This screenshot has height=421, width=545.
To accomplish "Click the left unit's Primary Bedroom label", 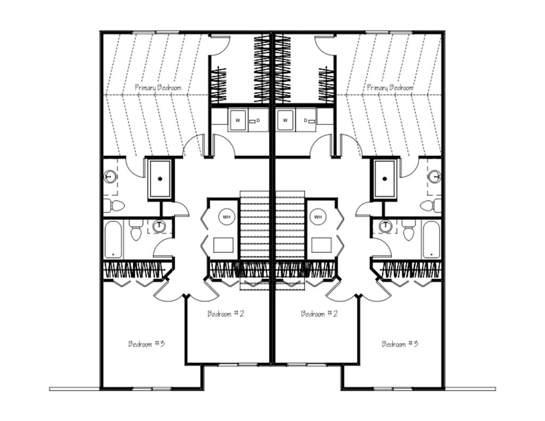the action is pyautogui.click(x=158, y=87).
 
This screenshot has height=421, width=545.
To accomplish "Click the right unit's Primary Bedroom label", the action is pyautogui.click(x=390, y=87).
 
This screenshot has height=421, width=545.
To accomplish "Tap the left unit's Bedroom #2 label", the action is pyautogui.click(x=226, y=313).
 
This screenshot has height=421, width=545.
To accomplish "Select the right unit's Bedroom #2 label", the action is pyautogui.click(x=319, y=313).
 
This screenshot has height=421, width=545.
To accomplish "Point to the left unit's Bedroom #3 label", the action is pyautogui.click(x=146, y=344).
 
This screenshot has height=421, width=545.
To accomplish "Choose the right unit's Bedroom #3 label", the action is pyautogui.click(x=400, y=344).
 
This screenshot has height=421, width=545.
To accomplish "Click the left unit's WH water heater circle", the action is pyautogui.click(x=226, y=217).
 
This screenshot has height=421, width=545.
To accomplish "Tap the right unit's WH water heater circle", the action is pyautogui.click(x=318, y=217).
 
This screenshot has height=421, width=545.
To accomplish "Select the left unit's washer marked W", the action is pyautogui.click(x=238, y=120).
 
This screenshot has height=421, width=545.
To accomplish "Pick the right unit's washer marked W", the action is pyautogui.click(x=285, y=120).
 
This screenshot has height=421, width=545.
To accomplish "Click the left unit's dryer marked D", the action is pyautogui.click(x=258, y=120).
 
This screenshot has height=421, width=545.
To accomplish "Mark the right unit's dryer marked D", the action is pyautogui.click(x=306, y=120).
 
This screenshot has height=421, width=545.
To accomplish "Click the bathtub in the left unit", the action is pyautogui.click(x=113, y=240).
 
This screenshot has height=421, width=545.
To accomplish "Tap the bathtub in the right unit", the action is pyautogui.click(x=431, y=240).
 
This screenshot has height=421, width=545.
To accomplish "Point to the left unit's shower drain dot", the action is pyautogui.click(x=160, y=179).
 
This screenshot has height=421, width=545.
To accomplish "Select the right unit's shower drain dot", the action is pyautogui.click(x=384, y=179).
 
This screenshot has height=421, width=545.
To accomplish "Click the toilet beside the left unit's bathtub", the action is pyautogui.click(x=136, y=230).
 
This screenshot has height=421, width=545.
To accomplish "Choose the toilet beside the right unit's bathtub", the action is pyautogui.click(x=409, y=230).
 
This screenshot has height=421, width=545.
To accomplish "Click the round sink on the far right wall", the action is pyautogui.click(x=435, y=176).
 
